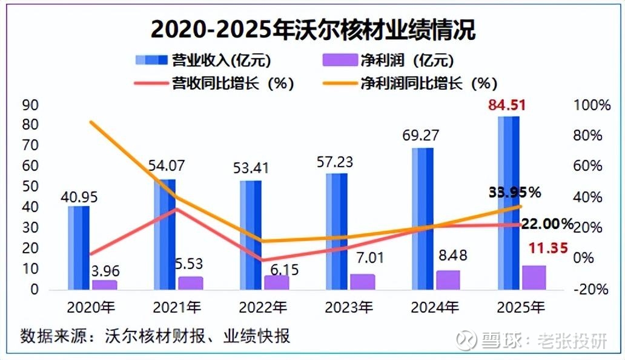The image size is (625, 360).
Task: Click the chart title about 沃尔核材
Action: tap(312, 28)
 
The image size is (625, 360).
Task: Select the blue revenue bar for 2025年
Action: tap(508, 202)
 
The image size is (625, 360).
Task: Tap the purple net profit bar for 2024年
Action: tap(448, 279)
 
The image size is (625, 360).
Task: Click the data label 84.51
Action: tap(508, 105)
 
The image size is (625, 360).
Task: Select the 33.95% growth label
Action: tap(514, 193)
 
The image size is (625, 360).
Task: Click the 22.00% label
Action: tap(547, 224)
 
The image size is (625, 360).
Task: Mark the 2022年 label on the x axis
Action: tap(262, 308)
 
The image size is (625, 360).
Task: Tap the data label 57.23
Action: tap(336, 162)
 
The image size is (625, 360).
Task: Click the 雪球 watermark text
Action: tap(499, 340)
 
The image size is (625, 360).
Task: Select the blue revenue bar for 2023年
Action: tap(336, 231)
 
